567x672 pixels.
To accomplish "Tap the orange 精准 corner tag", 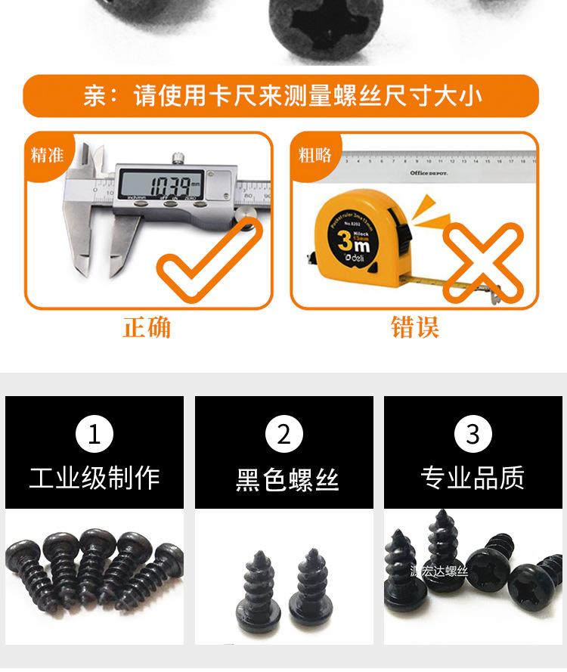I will [x=47, y=155].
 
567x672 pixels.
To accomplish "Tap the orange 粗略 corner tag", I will [x=314, y=155].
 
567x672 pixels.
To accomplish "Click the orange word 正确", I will [x=147, y=328].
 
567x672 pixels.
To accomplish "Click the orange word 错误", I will [x=415, y=328].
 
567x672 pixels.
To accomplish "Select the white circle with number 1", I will [x=94, y=435].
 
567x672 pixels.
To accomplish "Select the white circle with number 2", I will [x=284, y=435].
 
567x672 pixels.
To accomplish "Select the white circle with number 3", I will [x=473, y=435].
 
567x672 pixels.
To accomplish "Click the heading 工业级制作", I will [x=94, y=478].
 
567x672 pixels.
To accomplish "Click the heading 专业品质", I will [x=473, y=478].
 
